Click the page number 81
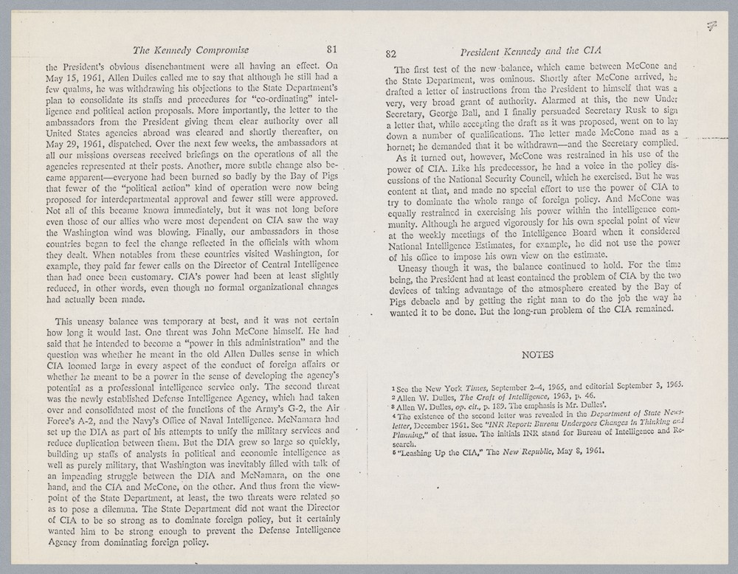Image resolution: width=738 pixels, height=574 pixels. pyautogui.click(x=331, y=50)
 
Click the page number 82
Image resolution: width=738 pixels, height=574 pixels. pyautogui.click(x=392, y=54)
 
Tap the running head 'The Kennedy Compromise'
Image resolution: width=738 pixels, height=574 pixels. pyautogui.click(x=190, y=50)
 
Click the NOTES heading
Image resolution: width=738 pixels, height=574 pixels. pyautogui.click(x=537, y=354)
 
